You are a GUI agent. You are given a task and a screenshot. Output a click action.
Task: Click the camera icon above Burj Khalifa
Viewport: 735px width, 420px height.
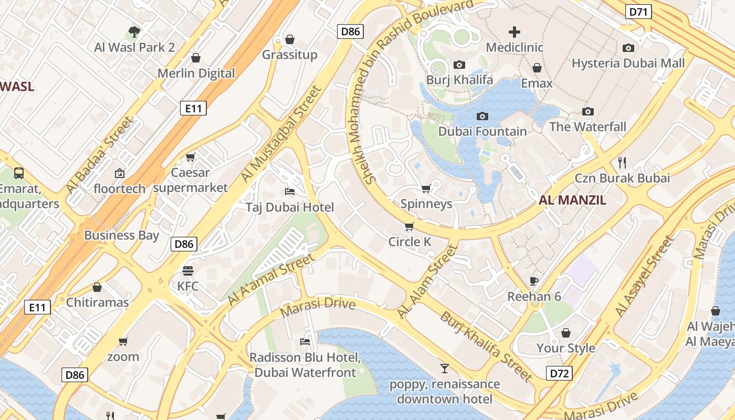(x=459, y=65)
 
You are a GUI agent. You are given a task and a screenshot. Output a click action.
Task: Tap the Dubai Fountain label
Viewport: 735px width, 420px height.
(x=482, y=131)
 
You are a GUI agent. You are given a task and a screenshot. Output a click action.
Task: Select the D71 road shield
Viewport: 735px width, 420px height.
(x=638, y=12)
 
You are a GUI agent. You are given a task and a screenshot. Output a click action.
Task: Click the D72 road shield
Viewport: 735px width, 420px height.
(x=559, y=373)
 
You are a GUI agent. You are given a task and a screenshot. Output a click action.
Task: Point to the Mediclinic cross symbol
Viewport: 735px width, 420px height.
(x=514, y=32)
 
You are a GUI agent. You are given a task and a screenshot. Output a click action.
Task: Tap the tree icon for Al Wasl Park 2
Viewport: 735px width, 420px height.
(x=134, y=32)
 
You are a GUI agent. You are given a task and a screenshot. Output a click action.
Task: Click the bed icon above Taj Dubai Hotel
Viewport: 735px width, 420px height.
(x=290, y=192)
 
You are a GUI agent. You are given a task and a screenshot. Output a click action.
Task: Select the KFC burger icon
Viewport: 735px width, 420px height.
(x=187, y=271)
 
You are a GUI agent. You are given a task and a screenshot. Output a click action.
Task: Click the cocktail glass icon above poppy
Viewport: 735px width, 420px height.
(x=445, y=369)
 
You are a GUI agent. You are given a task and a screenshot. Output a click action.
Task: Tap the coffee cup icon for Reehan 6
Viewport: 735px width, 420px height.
(x=534, y=281)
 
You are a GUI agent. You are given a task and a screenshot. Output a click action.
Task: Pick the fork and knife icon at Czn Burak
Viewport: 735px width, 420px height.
(x=623, y=162)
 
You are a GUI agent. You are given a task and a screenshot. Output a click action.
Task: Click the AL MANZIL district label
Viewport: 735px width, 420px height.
(x=572, y=200)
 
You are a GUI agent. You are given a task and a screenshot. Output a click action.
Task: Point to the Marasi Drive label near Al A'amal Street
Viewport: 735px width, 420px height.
(x=318, y=307)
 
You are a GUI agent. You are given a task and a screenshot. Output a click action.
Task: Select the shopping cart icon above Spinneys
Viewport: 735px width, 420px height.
(x=426, y=188)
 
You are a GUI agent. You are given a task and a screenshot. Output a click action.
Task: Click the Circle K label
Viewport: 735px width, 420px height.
(x=409, y=241)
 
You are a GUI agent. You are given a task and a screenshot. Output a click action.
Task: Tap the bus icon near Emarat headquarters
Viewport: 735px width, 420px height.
(x=19, y=173)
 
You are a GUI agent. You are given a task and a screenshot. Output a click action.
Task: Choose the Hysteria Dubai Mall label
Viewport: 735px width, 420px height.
(x=628, y=63)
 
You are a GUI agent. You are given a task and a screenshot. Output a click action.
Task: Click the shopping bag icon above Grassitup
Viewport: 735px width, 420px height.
(x=289, y=39)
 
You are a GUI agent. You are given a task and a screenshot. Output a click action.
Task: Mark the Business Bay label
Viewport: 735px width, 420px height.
(x=121, y=235)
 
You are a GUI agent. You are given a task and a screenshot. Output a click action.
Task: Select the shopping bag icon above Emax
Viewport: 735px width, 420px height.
(x=537, y=68)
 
